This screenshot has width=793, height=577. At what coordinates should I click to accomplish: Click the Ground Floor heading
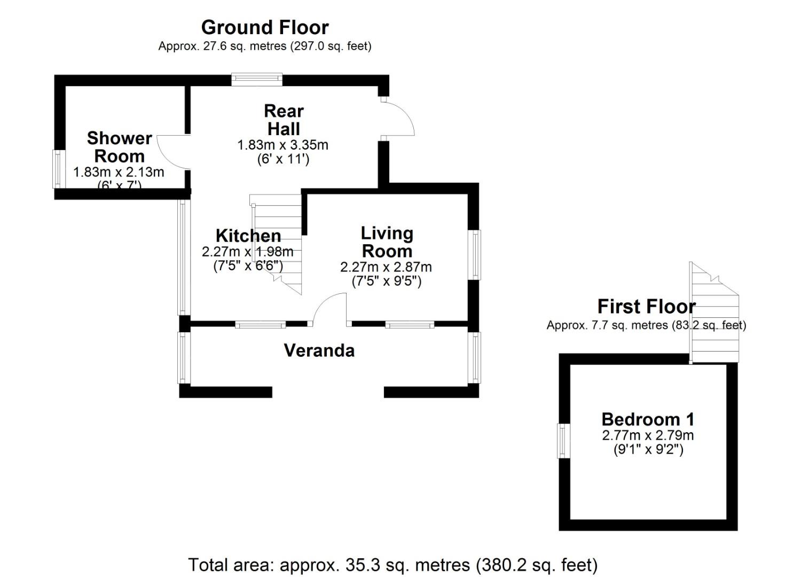pyautogui.click(x=265, y=27)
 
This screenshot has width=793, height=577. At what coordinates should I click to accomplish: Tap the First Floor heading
pyautogui.click(x=646, y=307)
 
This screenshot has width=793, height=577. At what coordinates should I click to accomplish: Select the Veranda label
pyautogui.click(x=319, y=350)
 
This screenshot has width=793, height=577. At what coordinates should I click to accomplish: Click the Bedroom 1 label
pyautogui.click(x=648, y=419)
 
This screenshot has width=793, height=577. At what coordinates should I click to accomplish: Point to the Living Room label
pyautogui.click(x=387, y=242)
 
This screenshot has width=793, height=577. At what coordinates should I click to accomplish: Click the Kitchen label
pyautogui.click(x=248, y=236)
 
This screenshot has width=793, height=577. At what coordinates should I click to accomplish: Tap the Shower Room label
pyautogui.click(x=119, y=147)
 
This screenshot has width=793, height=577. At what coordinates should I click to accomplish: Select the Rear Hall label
pyautogui.click(x=284, y=120)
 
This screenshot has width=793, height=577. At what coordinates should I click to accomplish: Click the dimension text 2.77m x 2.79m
pyautogui.click(x=648, y=435)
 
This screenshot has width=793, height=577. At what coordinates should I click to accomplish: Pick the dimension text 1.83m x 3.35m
pyautogui.click(x=282, y=145)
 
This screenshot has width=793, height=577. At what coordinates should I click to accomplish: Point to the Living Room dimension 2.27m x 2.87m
pyautogui.click(x=386, y=267)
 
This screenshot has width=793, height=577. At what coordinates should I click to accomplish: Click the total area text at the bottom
pyautogui.click(x=392, y=565)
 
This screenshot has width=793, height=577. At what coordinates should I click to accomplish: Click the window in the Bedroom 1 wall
pyautogui.click(x=564, y=441)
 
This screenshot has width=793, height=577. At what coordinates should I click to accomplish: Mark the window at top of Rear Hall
pyautogui.click(x=257, y=80)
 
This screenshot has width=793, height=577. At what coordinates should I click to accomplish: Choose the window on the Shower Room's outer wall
pyautogui.click(x=57, y=169)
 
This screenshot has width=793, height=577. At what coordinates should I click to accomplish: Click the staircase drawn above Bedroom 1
pyautogui.click(x=715, y=315)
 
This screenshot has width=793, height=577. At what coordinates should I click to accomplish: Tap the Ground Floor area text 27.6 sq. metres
pyautogui.click(x=264, y=46)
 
